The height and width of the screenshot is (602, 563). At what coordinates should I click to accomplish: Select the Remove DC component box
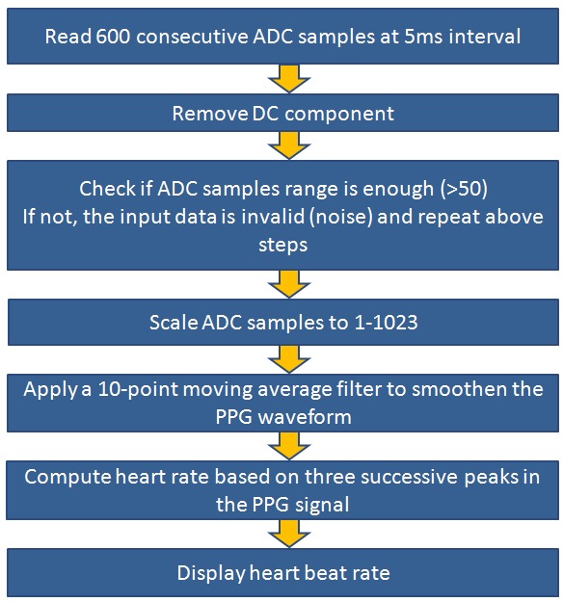coord(282,113)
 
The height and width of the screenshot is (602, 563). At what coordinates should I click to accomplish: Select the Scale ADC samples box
coord(282,322)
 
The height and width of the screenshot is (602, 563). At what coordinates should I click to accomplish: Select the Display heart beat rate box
coord(282,573)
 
